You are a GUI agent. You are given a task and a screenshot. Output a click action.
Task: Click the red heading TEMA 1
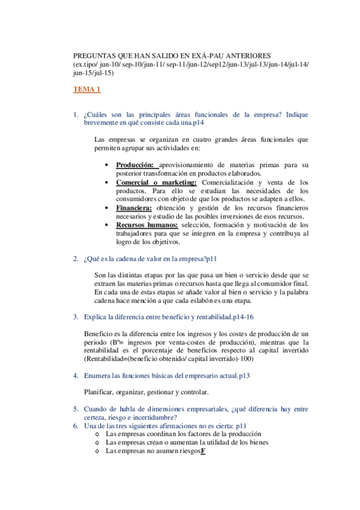[x=87, y=90]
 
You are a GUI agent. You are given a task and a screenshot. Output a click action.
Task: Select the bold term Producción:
[x=135, y=165]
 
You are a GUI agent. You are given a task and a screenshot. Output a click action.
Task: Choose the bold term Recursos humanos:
[x=147, y=226]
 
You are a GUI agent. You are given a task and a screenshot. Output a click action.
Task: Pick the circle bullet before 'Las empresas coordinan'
[x=98, y=434]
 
